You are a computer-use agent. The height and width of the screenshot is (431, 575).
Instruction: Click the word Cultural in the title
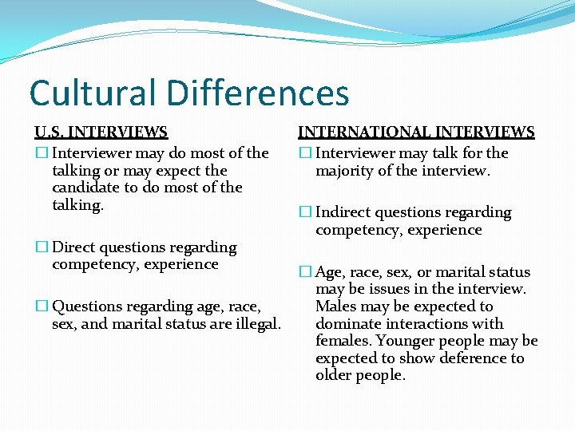(87, 92)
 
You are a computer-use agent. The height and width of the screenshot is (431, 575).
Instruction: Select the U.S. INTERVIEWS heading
(101, 132)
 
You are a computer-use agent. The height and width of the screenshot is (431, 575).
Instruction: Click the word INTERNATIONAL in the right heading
(360, 132)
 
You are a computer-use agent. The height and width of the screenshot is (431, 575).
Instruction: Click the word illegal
(255, 323)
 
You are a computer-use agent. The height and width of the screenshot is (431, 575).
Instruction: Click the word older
(334, 375)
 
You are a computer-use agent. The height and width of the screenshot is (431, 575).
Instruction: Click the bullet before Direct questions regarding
(41, 247)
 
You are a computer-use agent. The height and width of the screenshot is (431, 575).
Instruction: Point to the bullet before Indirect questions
(304, 212)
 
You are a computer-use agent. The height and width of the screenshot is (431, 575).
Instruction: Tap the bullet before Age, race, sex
(304, 272)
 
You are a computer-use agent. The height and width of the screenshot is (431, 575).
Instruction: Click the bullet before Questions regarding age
(41, 306)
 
